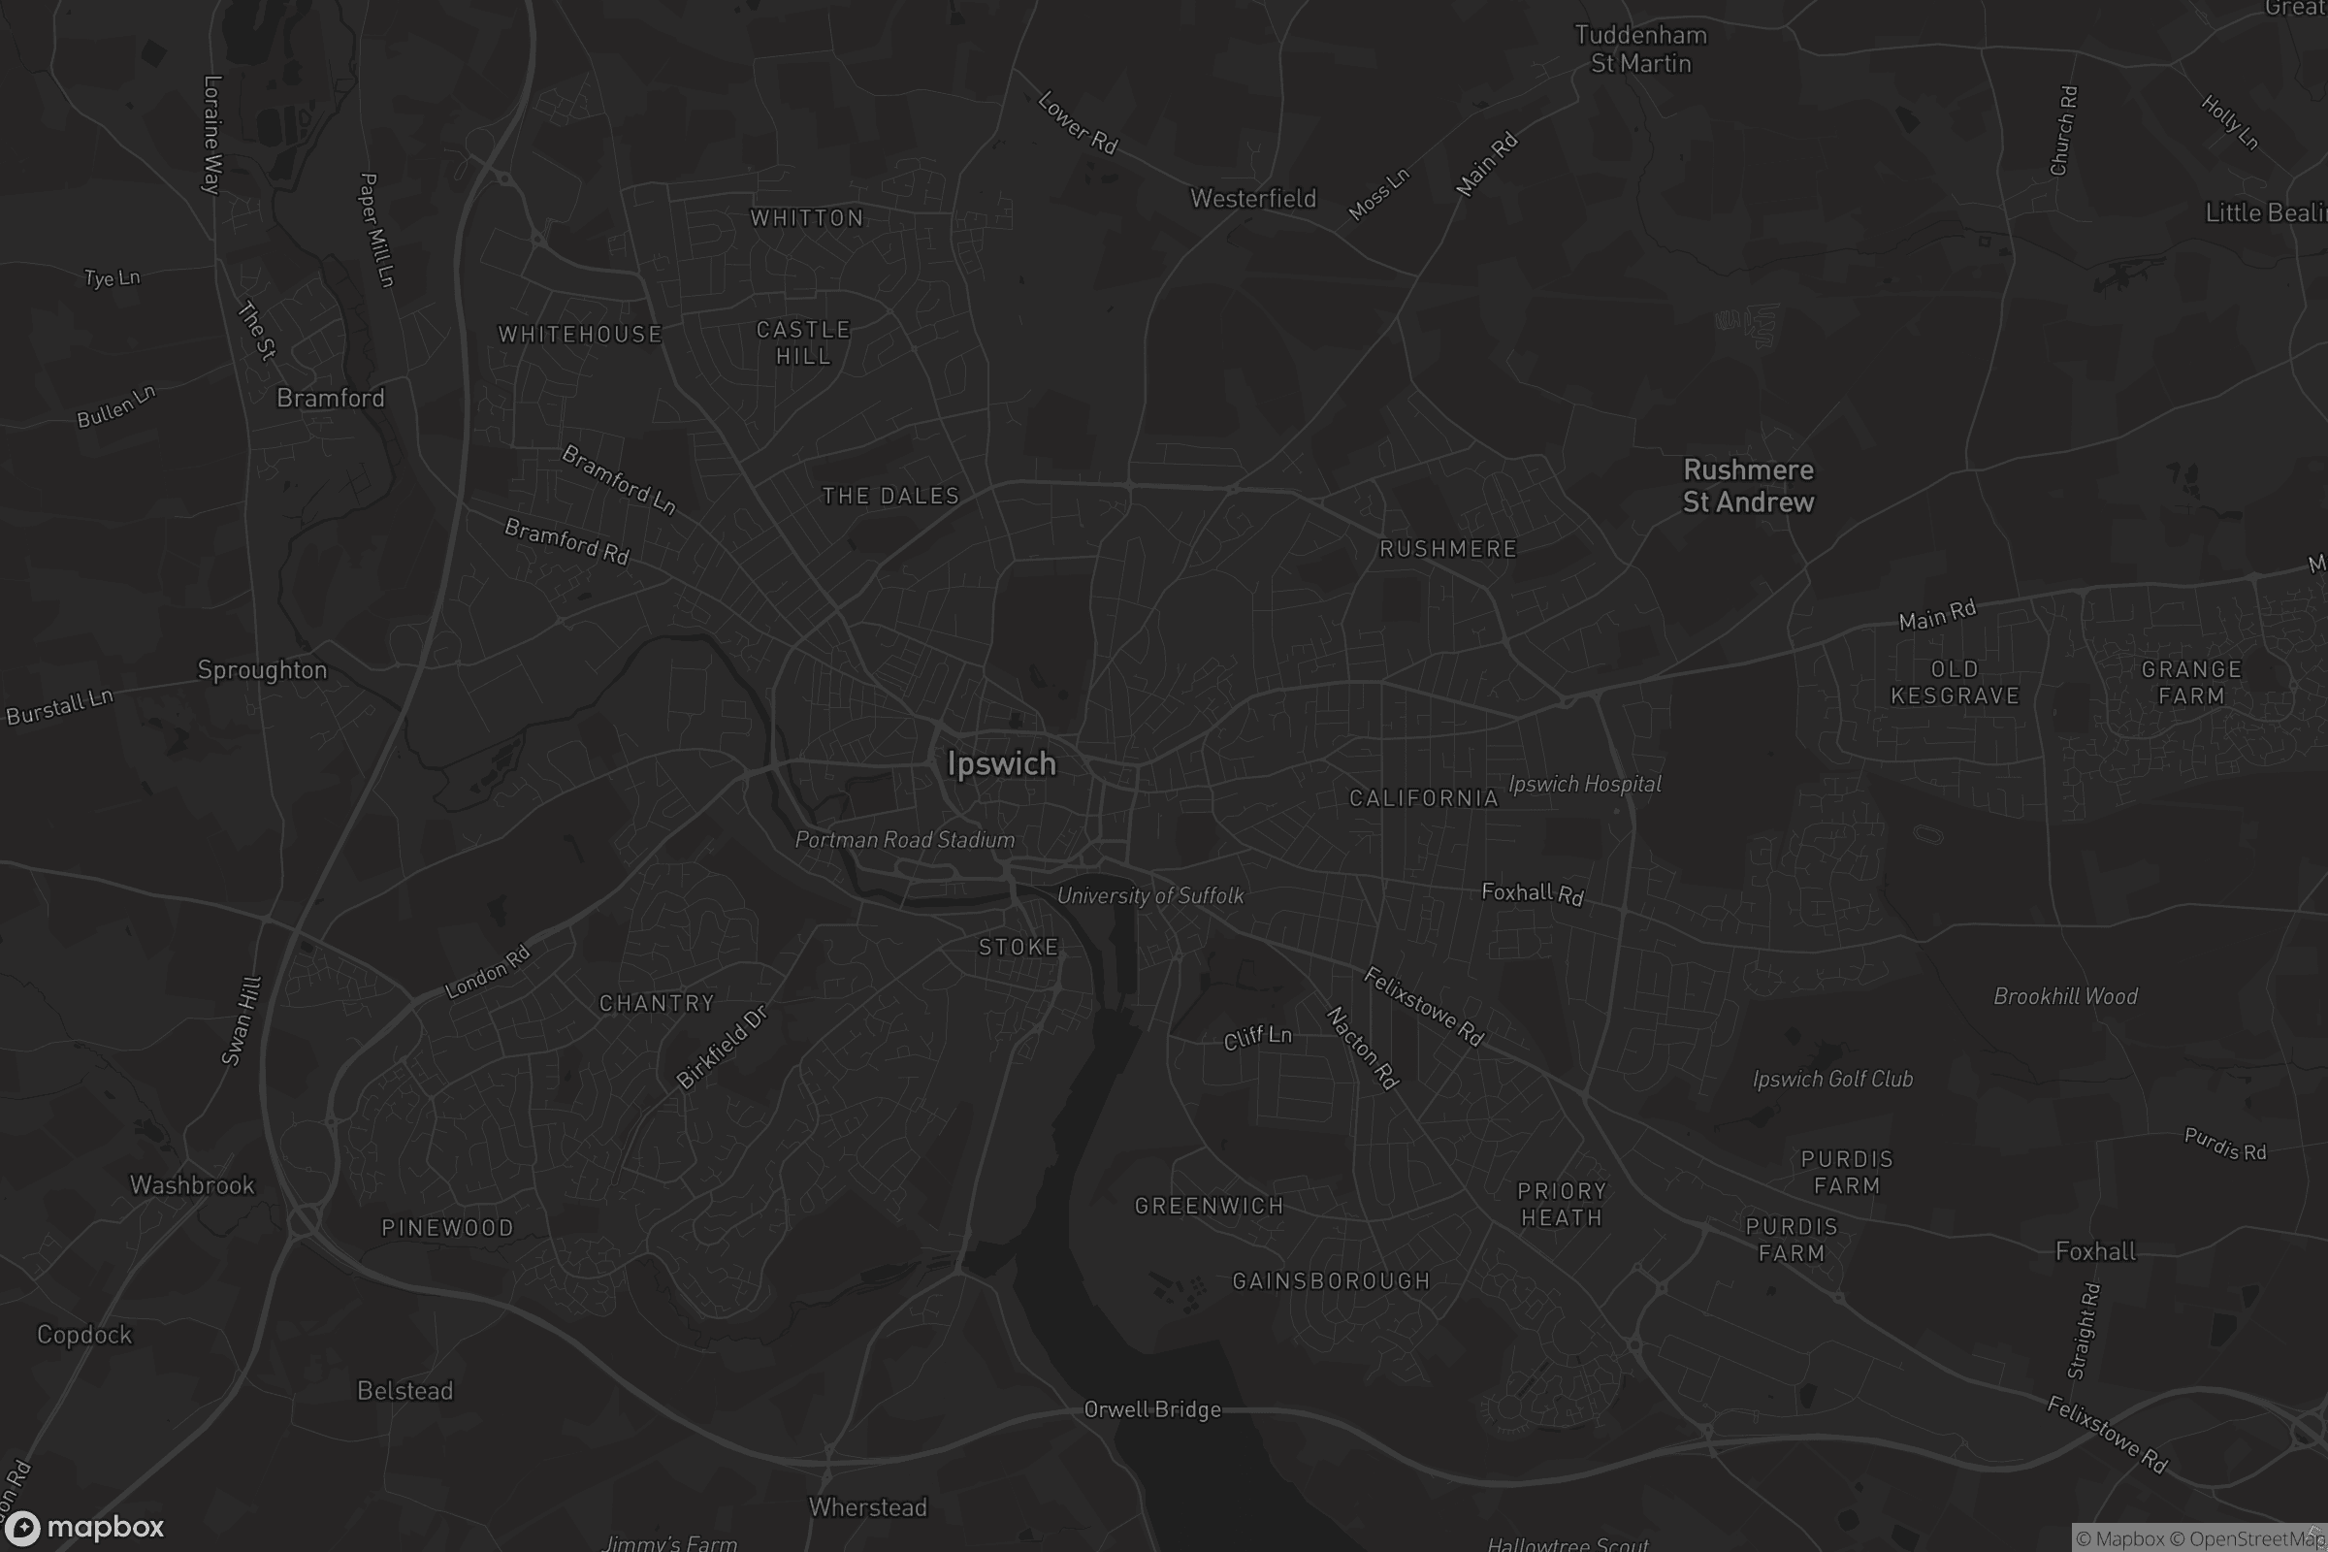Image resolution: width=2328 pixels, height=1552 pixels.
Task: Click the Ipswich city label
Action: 1001,764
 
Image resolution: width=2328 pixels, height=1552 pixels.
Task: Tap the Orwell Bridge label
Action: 1152,1409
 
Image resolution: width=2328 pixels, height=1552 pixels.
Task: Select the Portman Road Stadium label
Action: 905,840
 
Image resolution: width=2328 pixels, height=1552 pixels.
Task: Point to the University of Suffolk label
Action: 1150,895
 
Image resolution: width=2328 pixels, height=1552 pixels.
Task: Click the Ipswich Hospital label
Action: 1584,784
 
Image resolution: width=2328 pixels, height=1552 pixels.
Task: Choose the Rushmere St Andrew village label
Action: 1748,486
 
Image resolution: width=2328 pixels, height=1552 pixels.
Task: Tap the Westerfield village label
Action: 1253,199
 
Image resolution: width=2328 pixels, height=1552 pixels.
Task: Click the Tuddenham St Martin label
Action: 1640,49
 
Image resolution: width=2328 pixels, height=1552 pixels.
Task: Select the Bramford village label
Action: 330,398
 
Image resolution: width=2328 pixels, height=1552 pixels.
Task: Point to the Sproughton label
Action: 262,670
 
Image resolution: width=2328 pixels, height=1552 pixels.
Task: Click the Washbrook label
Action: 192,1184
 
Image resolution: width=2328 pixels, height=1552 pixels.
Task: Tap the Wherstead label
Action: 867,1507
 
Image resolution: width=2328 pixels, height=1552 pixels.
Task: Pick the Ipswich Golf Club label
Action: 1832,1079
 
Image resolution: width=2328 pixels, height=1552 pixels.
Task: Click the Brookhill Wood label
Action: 2065,997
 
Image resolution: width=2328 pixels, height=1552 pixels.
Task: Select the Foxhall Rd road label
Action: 1533,892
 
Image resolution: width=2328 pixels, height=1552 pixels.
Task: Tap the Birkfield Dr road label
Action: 722,1049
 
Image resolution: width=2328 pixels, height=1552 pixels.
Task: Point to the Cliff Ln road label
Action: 1257,1037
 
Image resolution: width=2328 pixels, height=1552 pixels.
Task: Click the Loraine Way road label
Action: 211,135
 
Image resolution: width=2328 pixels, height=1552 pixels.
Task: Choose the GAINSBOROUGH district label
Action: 1331,1280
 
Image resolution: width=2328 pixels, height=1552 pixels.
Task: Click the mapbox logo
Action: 83,1527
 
